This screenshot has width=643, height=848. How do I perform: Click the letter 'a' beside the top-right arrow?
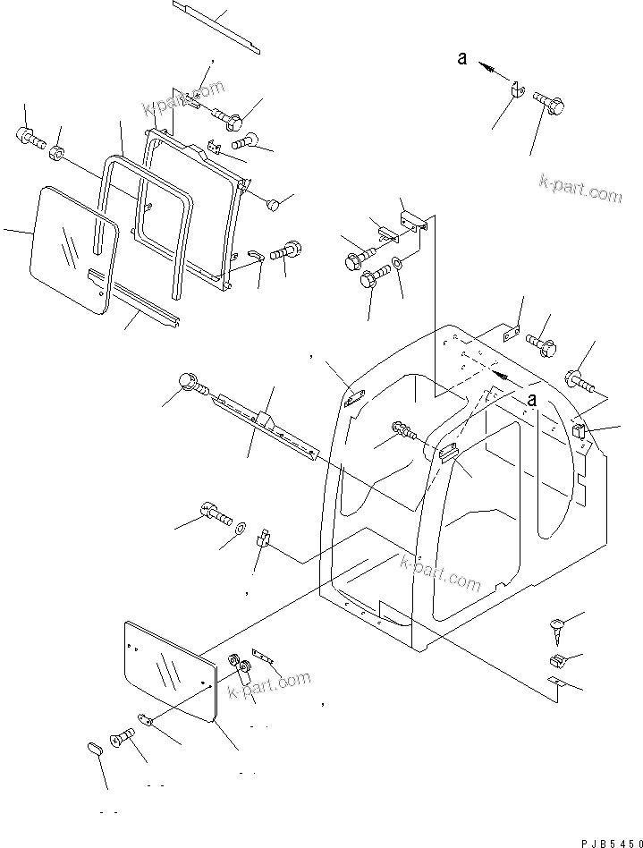tap(461, 59)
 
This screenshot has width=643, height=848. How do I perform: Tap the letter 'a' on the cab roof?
tap(531, 400)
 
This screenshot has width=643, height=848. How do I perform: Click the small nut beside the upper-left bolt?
tap(57, 153)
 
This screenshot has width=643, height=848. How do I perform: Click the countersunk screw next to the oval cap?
tap(123, 739)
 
